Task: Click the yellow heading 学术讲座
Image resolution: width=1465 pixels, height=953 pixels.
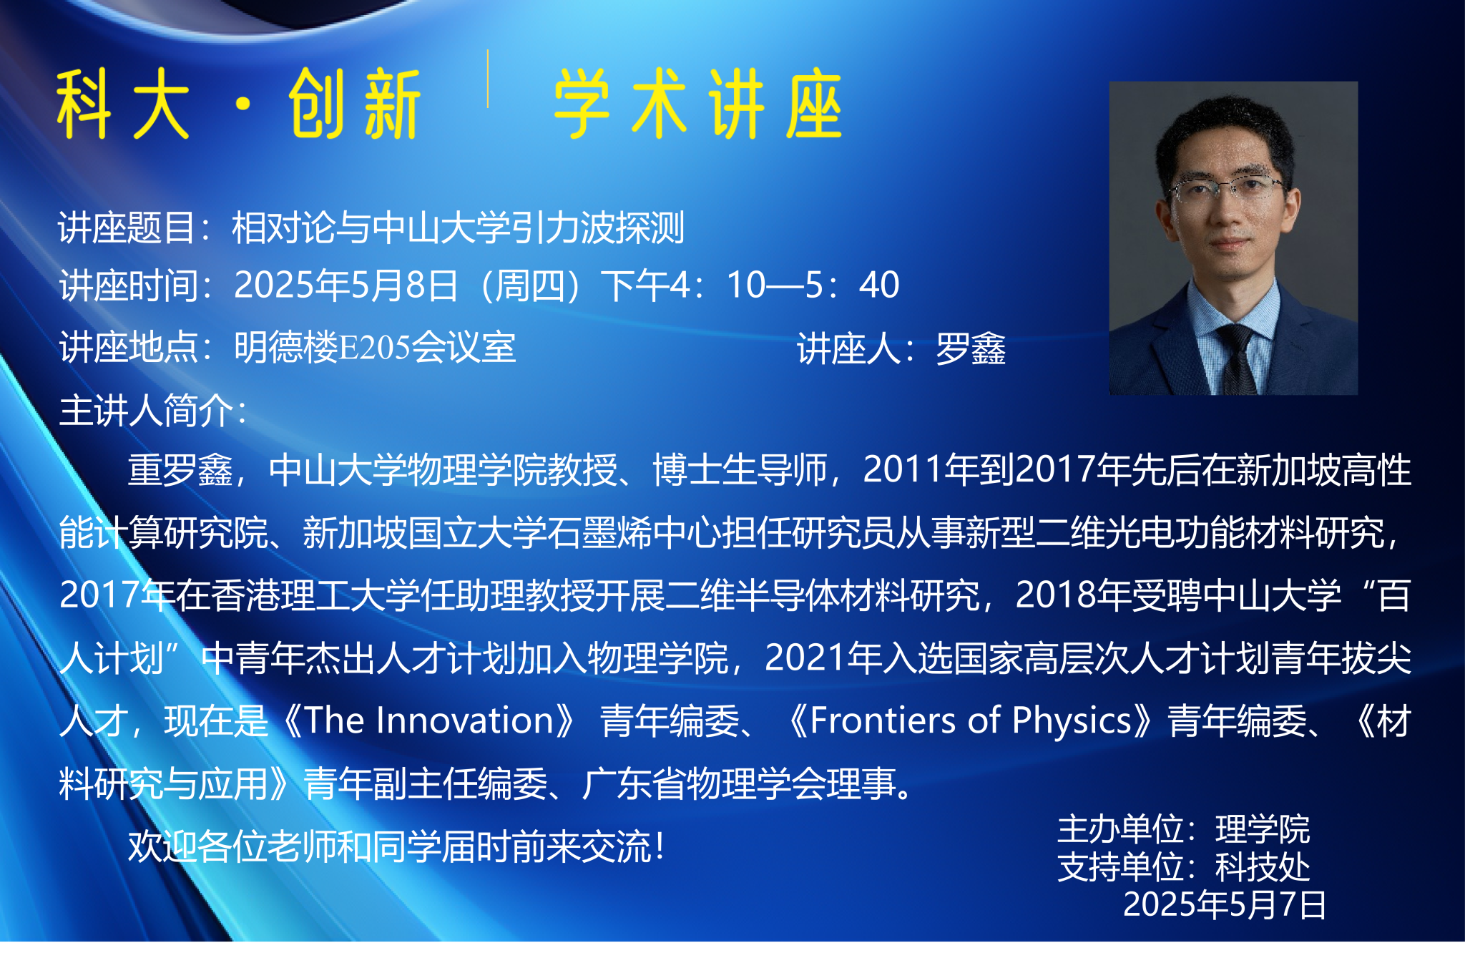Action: (x=698, y=104)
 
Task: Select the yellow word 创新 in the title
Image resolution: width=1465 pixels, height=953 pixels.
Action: (x=355, y=104)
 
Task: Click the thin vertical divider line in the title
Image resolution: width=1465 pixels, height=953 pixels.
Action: (x=488, y=79)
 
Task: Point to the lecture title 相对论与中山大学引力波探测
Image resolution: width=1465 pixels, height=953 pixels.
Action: (x=458, y=228)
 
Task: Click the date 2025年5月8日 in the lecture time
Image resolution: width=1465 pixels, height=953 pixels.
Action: (x=346, y=285)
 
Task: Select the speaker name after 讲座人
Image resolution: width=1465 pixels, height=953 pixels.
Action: (x=971, y=349)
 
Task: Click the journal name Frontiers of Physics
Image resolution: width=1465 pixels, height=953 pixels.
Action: (x=971, y=720)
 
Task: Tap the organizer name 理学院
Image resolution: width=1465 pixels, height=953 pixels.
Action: (x=1263, y=830)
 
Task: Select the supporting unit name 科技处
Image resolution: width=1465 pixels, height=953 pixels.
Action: (x=1263, y=867)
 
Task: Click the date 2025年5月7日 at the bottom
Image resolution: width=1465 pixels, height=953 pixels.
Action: (x=1225, y=904)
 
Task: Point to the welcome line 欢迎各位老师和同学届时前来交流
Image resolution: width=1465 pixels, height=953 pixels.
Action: (x=389, y=847)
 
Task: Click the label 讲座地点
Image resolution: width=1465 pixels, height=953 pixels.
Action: (x=129, y=348)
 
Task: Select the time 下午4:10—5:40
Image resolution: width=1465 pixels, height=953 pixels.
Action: (x=750, y=285)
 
